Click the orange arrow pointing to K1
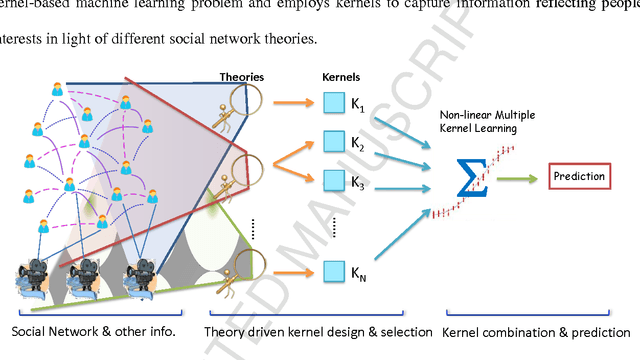tap(293, 102)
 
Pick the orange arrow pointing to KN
tap(293, 269)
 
